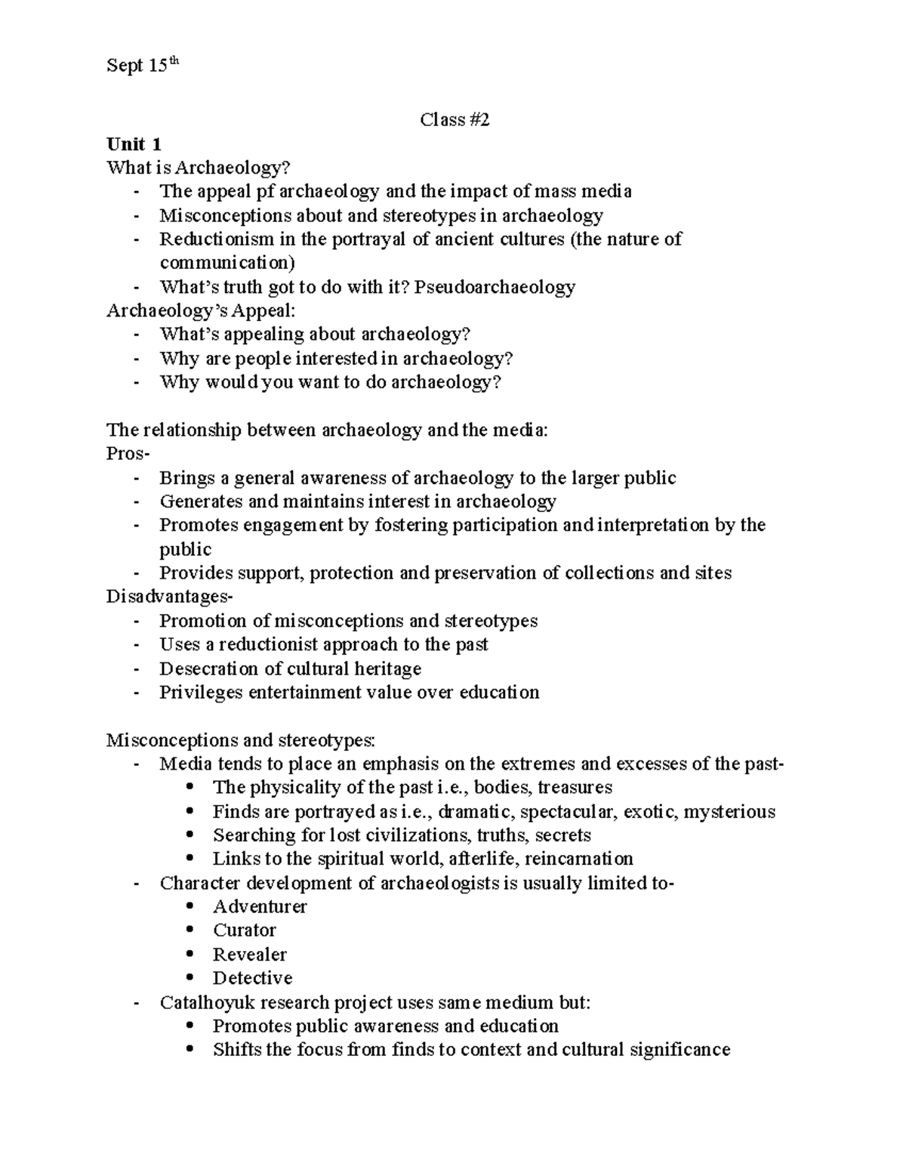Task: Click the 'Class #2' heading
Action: click(455, 119)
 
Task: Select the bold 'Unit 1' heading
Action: click(134, 144)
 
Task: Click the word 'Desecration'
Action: click(208, 668)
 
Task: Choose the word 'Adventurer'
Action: click(260, 906)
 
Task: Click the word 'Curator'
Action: click(245, 931)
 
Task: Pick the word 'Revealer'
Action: click(250, 955)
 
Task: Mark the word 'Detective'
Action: click(252, 978)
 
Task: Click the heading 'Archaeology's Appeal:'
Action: click(202, 310)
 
